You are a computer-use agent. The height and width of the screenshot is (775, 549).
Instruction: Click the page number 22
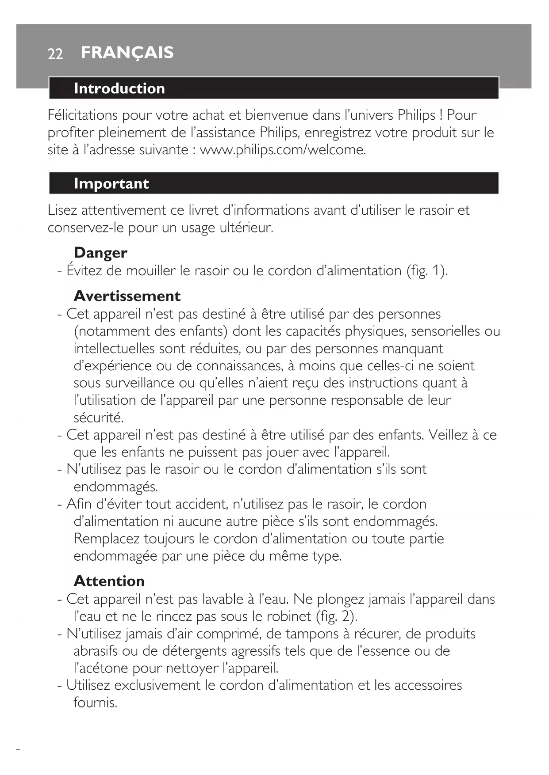click(55, 54)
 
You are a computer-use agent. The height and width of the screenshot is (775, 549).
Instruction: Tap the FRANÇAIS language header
click(127, 53)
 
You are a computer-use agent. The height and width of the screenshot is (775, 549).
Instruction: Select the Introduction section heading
click(119, 88)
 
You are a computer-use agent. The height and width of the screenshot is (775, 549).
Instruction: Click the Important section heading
click(111, 183)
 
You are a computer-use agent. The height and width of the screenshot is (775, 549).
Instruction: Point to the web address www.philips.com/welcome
click(283, 150)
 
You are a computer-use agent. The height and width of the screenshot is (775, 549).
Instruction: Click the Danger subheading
click(100, 253)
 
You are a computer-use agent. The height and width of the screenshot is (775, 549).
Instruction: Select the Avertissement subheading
click(127, 296)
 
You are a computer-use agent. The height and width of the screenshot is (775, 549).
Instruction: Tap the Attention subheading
click(109, 581)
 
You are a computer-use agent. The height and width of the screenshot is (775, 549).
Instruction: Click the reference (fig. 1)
click(427, 270)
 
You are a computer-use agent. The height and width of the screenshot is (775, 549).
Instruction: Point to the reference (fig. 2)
click(336, 616)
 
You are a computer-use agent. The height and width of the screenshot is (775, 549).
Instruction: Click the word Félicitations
click(82, 115)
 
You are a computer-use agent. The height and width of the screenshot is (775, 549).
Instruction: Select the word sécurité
click(99, 417)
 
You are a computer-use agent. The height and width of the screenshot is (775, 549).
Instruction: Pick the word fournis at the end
click(95, 702)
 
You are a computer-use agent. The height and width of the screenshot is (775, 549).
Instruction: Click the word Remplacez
click(107, 539)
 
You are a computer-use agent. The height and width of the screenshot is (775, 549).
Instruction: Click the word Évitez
click(84, 270)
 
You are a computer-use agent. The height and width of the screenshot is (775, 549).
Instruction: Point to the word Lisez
click(62, 210)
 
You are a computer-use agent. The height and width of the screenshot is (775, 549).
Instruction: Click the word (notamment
click(112, 331)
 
